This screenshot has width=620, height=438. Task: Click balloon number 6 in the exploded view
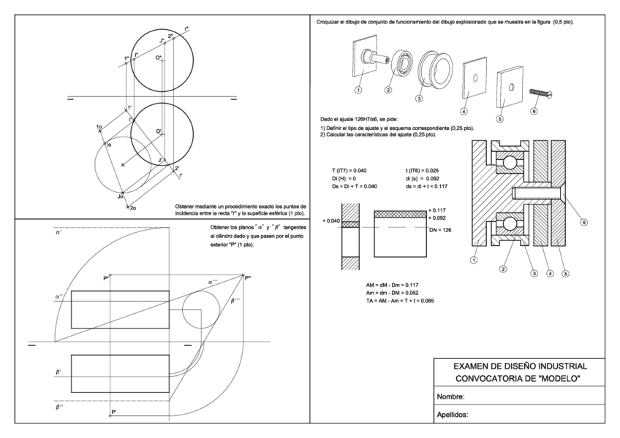(534, 111)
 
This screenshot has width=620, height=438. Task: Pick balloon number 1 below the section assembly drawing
(475, 259)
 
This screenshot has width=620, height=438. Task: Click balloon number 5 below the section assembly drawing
(564, 274)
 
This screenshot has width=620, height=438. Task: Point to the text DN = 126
(443, 229)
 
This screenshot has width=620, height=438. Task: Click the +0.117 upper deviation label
(437, 210)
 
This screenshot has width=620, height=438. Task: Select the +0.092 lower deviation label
(437, 218)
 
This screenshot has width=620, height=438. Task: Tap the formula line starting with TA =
(399, 300)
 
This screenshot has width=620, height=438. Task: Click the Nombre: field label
(451, 397)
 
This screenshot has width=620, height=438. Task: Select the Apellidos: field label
(453, 415)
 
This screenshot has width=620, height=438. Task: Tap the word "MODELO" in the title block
(558, 378)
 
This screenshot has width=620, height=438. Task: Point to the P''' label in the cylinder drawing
(248, 277)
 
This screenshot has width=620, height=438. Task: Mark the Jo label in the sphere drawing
(119, 196)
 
